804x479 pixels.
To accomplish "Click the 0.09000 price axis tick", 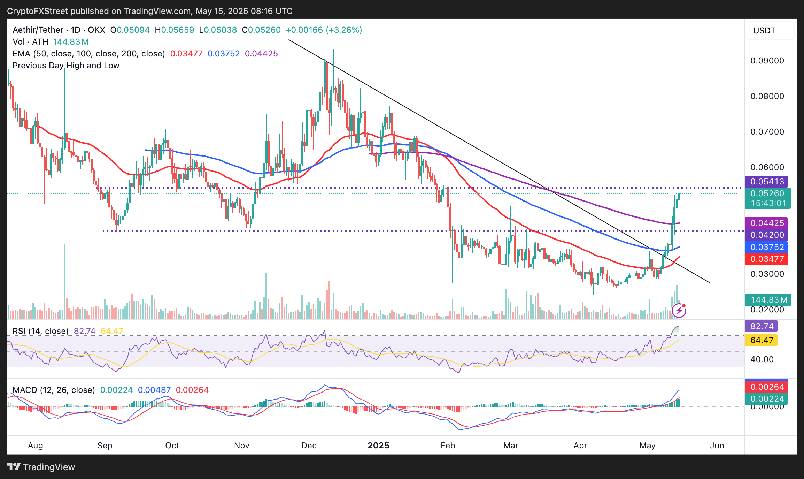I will (767, 61).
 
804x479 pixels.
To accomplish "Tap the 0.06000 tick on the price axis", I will (767, 167).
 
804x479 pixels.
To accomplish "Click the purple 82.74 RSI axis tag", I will (762, 326).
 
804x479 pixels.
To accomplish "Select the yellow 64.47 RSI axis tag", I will (762, 340).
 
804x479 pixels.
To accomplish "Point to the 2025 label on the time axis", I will (379, 446).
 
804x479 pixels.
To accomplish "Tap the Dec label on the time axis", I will (309, 446).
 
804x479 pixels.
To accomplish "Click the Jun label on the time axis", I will (717, 446).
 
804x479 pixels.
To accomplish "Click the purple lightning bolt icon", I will (679, 311).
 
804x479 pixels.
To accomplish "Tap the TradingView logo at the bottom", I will (41, 467).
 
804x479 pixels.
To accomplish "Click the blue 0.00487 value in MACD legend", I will (154, 390).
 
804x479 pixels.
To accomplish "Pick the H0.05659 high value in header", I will (175, 30).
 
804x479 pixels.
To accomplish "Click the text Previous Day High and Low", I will (66, 66).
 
